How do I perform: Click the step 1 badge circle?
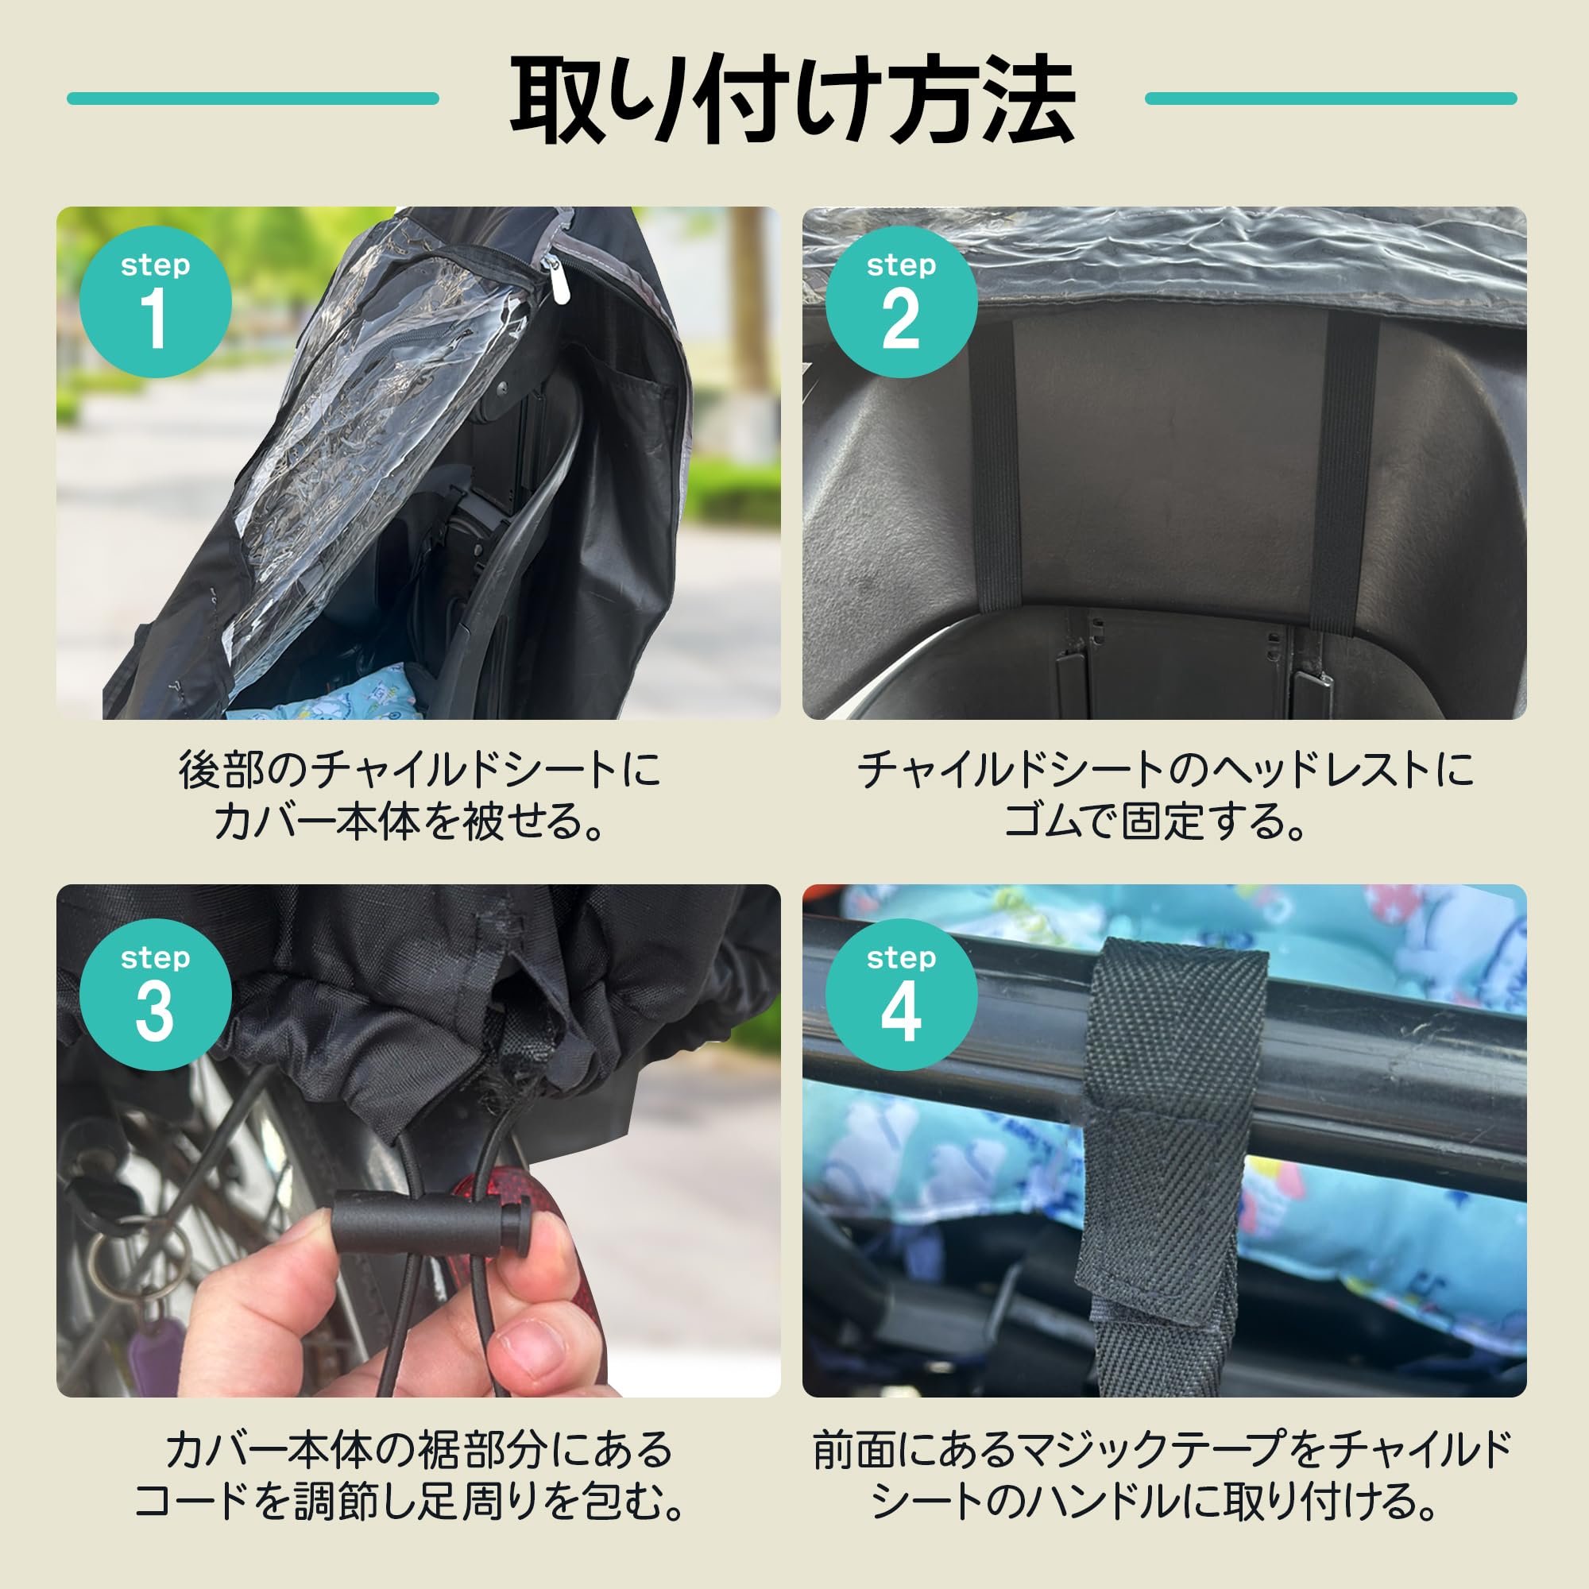point(155,302)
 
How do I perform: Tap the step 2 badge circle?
point(901,302)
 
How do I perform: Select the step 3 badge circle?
point(155,995)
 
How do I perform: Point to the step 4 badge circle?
point(901,995)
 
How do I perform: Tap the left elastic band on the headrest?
point(998,465)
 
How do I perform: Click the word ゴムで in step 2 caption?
point(1057,822)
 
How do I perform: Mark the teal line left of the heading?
point(253,99)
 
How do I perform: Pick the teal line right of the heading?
point(1330,99)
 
